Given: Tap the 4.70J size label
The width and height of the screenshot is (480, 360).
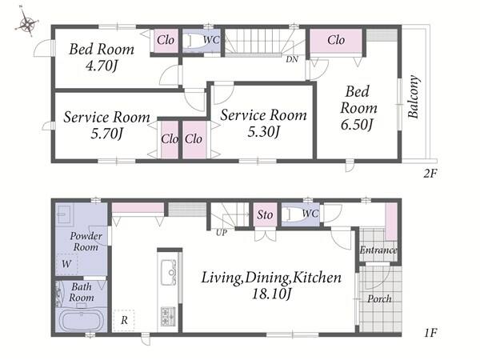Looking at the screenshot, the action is (102, 66).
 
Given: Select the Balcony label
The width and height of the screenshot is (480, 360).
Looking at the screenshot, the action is (414, 97).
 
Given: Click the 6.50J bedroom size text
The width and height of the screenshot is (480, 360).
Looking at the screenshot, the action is (357, 125).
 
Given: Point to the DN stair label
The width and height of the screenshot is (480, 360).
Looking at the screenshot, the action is (292, 59).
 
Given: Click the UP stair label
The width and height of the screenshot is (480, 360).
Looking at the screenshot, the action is (222, 233).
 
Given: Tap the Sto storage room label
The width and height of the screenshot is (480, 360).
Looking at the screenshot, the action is (265, 214).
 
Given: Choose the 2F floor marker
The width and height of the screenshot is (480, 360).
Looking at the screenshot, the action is (430, 174).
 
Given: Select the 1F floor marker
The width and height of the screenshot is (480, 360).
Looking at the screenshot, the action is (430, 333).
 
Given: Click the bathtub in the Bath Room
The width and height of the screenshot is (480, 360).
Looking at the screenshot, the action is (81, 321).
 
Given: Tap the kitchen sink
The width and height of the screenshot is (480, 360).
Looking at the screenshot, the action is (168, 272).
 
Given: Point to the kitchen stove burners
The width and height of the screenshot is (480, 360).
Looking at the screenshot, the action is (168, 316).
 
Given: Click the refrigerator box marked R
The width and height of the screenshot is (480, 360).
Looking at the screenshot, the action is (124, 320).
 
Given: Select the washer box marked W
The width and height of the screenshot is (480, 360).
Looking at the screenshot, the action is (67, 264).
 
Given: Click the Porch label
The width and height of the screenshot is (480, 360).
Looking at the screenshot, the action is (379, 298).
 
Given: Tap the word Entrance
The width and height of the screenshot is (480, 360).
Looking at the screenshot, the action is (378, 250).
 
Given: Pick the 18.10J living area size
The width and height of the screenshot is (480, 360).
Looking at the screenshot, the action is (271, 294).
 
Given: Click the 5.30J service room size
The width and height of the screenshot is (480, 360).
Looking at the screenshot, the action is (263, 132).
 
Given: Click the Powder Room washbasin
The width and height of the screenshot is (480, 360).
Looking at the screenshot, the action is (65, 214).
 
